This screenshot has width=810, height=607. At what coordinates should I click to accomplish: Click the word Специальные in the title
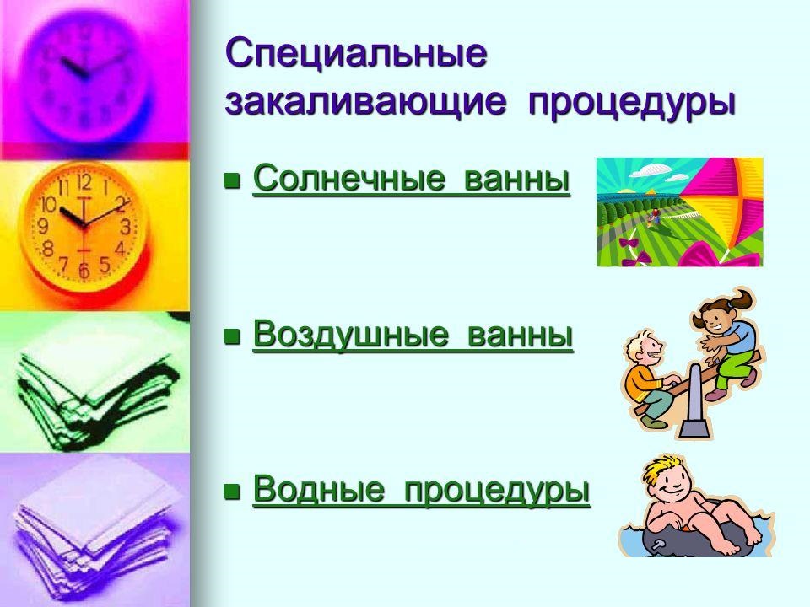click(357, 55)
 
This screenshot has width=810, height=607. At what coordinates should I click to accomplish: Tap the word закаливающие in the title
click(365, 103)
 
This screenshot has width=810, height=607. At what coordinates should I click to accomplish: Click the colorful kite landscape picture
click(679, 212)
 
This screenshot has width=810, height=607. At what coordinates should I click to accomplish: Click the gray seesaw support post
click(692, 413)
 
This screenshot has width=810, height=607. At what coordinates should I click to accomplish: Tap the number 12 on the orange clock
click(84, 182)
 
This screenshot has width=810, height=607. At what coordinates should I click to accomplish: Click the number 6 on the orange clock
click(83, 271)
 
